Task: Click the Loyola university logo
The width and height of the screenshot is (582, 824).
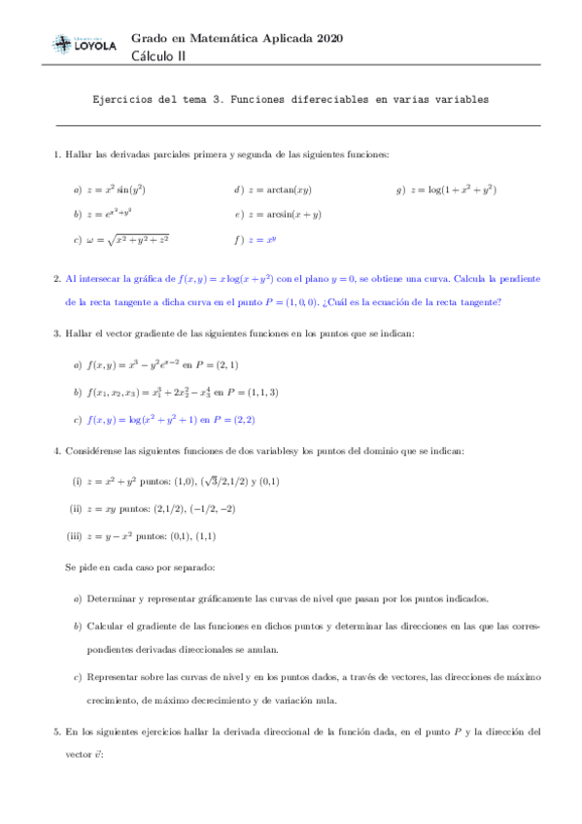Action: click(x=82, y=44)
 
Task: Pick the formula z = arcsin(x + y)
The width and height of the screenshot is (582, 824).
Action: click(x=284, y=214)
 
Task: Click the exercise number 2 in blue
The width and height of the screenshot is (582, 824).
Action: click(x=57, y=278)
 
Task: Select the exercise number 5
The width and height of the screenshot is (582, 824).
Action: click(x=57, y=730)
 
